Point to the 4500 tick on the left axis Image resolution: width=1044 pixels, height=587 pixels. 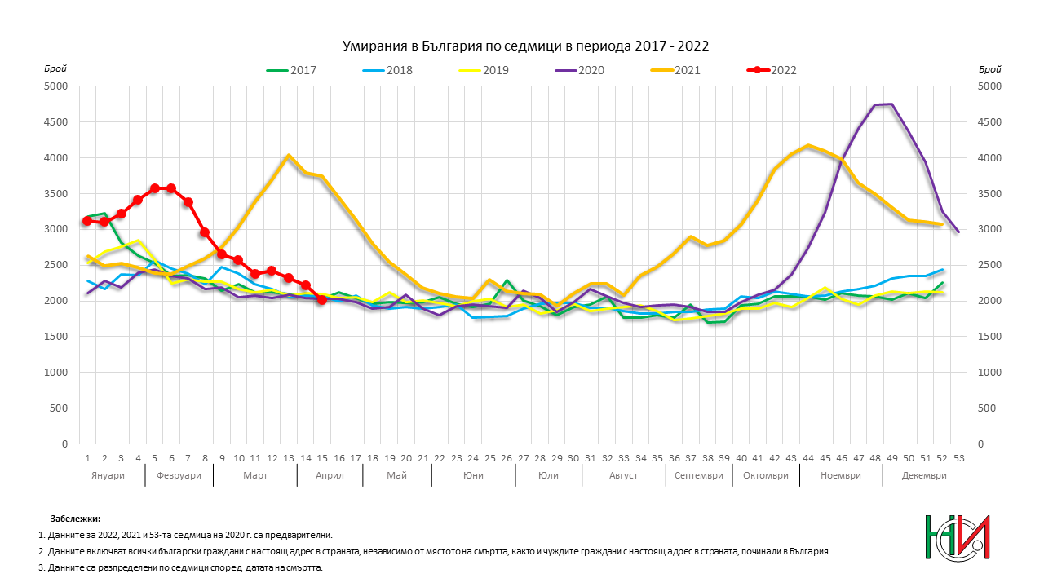pyautogui.click(x=56, y=121)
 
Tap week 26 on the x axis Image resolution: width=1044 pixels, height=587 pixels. pyautogui.click(x=506, y=459)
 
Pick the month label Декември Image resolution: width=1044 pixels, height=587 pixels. pyautogui.click(x=924, y=475)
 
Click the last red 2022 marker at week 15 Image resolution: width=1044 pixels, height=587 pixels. pyautogui.click(x=322, y=300)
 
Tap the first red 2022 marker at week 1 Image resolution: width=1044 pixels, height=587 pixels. pyautogui.click(x=87, y=221)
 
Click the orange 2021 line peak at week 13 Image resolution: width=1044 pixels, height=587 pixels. pyautogui.click(x=289, y=156)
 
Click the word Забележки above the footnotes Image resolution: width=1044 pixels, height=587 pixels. pyautogui.click(x=75, y=519)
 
